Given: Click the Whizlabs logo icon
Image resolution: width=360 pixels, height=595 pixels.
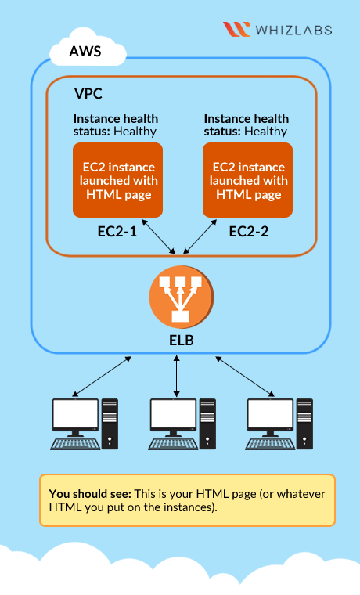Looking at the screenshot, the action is tap(236, 29).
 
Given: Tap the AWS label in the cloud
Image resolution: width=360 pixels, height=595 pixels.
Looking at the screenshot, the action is tap(85, 51).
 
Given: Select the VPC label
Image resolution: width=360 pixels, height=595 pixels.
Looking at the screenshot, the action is tap(88, 94).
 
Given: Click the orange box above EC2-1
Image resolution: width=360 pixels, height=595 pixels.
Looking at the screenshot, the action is tap(117, 180).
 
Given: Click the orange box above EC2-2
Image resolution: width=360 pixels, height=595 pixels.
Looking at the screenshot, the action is tap(248, 180).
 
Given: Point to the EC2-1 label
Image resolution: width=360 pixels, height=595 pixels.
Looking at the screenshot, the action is tap(117, 232).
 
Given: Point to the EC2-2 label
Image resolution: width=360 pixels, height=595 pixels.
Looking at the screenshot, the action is tap(248, 232).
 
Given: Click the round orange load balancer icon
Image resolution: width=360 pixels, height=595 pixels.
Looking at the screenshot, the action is tap(182, 297).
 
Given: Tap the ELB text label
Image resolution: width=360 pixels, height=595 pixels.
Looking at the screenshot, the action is tap(182, 341).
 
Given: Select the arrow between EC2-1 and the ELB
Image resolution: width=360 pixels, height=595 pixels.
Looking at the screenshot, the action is tap(158, 236).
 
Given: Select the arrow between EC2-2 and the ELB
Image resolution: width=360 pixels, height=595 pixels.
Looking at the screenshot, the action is tap(200, 236).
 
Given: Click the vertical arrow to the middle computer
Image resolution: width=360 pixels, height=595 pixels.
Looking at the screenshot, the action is tap(176, 377).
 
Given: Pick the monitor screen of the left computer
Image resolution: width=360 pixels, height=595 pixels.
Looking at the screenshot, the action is tap(75, 413).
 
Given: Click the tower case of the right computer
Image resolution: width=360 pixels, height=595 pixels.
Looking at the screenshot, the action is tap(304, 424).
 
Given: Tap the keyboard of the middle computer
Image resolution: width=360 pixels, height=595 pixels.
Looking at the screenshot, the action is tap(173, 444).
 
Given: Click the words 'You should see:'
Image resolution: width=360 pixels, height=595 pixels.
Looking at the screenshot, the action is tap(90, 494).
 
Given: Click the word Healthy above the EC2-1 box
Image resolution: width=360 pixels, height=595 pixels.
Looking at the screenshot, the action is tap(135, 132).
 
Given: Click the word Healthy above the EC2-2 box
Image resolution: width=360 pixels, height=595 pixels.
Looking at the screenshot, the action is tap(265, 132).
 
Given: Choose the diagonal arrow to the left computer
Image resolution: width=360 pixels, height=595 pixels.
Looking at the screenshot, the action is tap(102, 377).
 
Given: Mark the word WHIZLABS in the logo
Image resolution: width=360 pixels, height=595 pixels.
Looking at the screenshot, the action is tap(294, 30).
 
